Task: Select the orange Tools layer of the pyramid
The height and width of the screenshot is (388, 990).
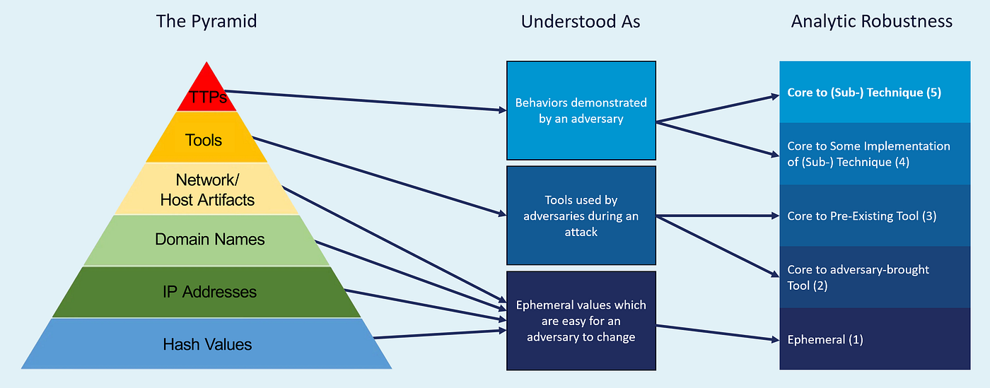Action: (x=204, y=140)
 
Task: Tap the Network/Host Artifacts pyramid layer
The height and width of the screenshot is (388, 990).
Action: (x=206, y=189)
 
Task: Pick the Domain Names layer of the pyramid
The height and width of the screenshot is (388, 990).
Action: (x=209, y=240)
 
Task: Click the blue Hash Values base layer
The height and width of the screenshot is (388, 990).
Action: (x=206, y=344)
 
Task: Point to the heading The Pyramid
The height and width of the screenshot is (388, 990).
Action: (x=206, y=21)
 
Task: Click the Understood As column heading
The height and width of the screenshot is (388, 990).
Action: (x=581, y=22)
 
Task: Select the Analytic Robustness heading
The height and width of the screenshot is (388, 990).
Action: (x=872, y=21)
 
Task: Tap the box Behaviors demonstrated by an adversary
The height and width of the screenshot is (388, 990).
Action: (x=581, y=111)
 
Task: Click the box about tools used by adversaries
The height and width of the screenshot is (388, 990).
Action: (x=581, y=216)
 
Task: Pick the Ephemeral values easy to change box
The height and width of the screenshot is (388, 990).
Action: (x=581, y=321)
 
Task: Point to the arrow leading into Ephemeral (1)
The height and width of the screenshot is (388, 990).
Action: (x=714, y=332)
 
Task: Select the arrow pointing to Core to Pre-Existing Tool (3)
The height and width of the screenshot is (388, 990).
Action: (x=714, y=216)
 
